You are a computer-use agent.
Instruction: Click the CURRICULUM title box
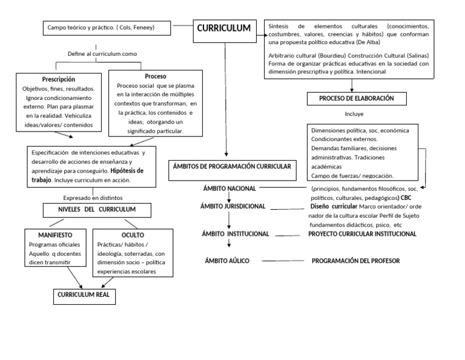click(x=223, y=29)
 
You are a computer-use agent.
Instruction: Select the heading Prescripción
click(x=59, y=79)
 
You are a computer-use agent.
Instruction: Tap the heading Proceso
click(x=156, y=76)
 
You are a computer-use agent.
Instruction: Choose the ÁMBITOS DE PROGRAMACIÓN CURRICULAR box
click(x=232, y=165)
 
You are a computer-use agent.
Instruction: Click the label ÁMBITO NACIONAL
click(x=229, y=188)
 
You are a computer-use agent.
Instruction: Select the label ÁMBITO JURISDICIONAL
click(x=232, y=206)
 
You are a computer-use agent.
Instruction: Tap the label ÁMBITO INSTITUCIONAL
click(x=236, y=233)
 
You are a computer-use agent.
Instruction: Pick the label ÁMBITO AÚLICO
click(x=227, y=261)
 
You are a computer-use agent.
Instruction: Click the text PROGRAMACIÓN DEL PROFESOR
click(x=355, y=261)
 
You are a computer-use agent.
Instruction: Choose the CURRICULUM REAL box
click(x=82, y=295)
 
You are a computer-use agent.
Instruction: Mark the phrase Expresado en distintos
click(x=93, y=198)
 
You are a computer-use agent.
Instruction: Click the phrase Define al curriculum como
click(x=102, y=54)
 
